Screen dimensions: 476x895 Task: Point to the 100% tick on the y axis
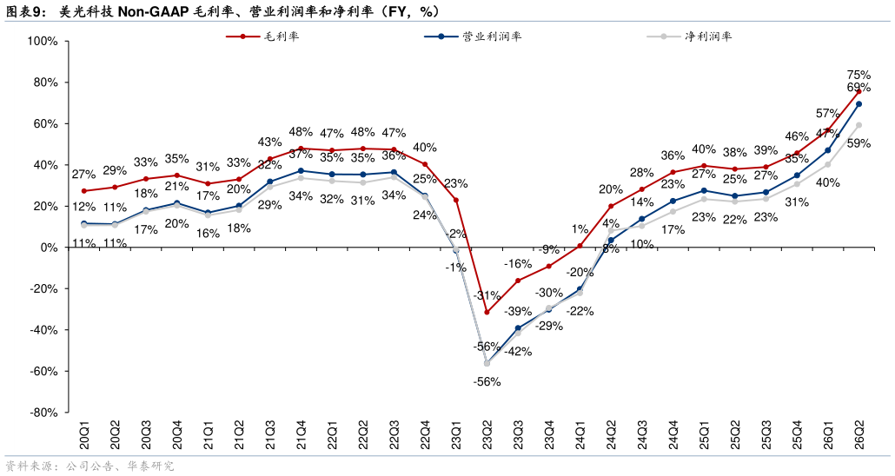43,41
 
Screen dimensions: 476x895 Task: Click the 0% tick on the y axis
49,248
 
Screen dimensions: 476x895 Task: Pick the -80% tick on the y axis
43,413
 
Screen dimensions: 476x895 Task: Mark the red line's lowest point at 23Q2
487,312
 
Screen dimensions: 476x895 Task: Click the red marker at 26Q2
859,91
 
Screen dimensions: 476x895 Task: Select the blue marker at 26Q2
859,104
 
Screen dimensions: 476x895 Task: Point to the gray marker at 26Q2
859,125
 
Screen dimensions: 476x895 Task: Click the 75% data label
859,75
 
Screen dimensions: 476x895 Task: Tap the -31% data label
487,296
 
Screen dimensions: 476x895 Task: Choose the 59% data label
859,143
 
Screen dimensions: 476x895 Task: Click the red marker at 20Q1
84,191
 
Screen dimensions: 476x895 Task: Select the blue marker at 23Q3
518,328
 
